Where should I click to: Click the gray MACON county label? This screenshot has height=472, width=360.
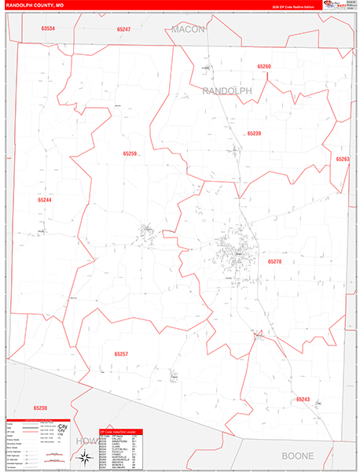tap(188, 29)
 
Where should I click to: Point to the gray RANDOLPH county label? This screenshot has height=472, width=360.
tap(227, 91)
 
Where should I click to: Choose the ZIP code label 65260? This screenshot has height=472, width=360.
tap(264, 67)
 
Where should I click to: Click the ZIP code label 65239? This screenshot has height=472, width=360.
tap(254, 134)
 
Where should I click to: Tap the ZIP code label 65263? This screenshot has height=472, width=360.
tap(343, 160)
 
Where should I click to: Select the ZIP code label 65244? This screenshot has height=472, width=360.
tap(45, 200)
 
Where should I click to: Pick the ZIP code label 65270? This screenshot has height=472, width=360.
tap(274, 261)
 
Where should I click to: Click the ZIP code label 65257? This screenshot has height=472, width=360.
tap(120, 354)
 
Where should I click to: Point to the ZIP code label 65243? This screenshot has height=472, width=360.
tap(303, 400)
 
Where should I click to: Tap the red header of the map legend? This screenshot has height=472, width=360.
tap(27, 420)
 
